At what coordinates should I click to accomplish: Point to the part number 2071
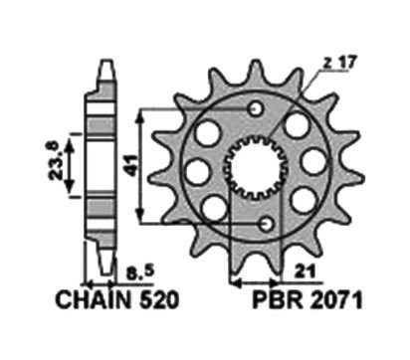pos(336,300)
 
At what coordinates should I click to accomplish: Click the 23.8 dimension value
pos(54,161)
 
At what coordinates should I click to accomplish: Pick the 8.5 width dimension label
pos(140,272)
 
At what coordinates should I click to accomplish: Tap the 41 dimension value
pos(130,165)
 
